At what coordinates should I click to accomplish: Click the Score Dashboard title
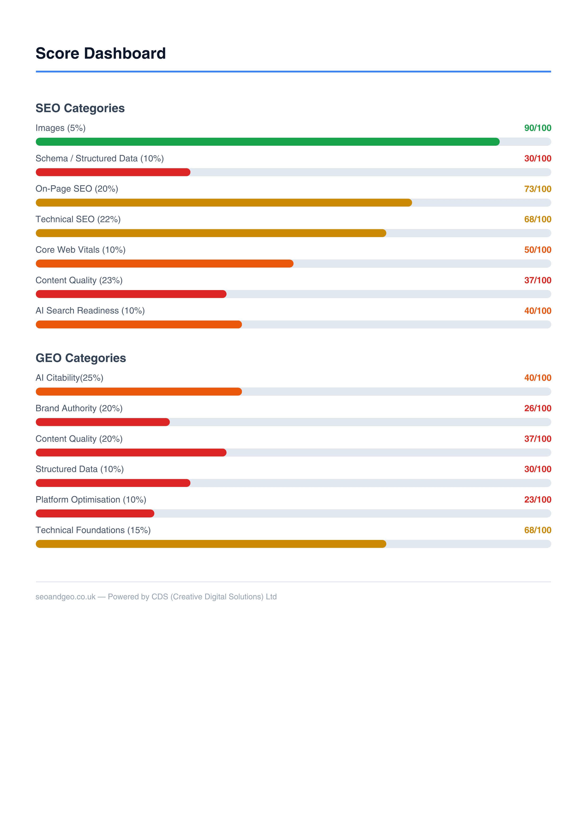[x=101, y=53]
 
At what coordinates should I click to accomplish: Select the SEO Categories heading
[x=80, y=108]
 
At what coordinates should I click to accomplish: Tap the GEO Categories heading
[x=81, y=358]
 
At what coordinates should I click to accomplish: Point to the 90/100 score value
[x=538, y=128]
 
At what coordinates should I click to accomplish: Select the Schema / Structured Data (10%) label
[x=99, y=158]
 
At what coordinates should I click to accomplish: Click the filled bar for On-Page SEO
[x=223, y=203]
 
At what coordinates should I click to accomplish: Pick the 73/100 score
[x=538, y=189]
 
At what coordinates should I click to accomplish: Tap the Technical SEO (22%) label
[x=78, y=219]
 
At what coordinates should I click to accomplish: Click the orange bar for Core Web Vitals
[x=164, y=264]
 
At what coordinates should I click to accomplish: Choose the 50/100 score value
[x=538, y=250]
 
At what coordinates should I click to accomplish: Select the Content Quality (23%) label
[x=79, y=280]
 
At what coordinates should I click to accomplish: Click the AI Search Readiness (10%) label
[x=90, y=310]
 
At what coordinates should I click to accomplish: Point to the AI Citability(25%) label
[x=69, y=378]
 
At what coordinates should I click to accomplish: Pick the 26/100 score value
[x=538, y=408]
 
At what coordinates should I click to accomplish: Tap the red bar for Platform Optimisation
[x=95, y=513]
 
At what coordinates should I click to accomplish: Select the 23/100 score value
[x=538, y=500]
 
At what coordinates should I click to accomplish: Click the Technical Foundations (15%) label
[x=93, y=530]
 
